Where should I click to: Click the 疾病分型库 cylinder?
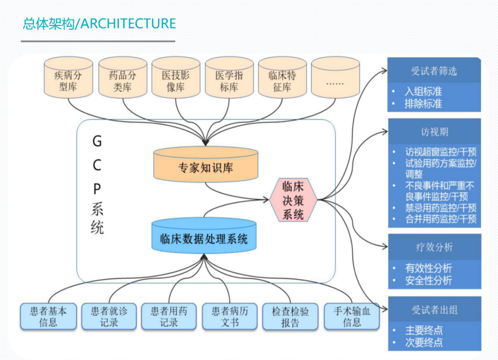(68, 77)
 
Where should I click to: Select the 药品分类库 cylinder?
(123, 77)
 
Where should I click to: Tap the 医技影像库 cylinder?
(176, 77)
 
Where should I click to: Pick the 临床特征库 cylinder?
(282, 77)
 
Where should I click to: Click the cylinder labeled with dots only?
(335, 77)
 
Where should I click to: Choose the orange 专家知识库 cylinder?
(206, 164)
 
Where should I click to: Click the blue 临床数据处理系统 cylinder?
(204, 236)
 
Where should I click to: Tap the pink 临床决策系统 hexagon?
(293, 200)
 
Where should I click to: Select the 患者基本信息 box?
(48, 317)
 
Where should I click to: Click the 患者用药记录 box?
(169, 317)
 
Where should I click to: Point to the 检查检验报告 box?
(290, 317)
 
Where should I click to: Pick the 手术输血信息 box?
(352, 317)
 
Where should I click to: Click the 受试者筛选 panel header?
(434, 71)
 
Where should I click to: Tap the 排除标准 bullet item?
(423, 104)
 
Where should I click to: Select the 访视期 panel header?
(434, 132)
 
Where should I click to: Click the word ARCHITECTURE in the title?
(128, 24)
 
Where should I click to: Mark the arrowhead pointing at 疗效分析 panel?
(385, 246)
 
